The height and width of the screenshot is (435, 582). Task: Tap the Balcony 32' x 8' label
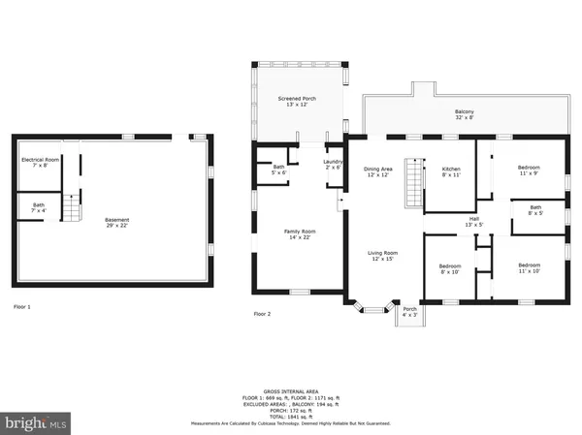(x=466, y=114)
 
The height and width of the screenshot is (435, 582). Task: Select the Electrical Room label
(x=41, y=162)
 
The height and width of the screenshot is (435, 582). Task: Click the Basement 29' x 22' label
(x=116, y=222)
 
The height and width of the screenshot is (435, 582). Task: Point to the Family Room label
(x=300, y=234)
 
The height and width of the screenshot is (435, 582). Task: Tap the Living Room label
(x=382, y=256)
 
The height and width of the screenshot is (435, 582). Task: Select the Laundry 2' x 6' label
(x=333, y=166)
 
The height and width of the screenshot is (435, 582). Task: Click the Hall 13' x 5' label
(x=474, y=222)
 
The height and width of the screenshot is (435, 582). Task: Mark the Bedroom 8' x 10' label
(x=449, y=268)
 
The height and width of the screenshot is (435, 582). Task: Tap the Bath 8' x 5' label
(x=535, y=209)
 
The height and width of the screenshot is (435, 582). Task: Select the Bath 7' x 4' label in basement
(x=38, y=207)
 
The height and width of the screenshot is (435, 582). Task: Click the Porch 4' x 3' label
(x=409, y=311)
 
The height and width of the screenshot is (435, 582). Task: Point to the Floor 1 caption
(x=22, y=307)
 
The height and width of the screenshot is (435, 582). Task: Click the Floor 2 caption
(x=262, y=314)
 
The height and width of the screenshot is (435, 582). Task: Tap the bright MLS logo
(x=36, y=423)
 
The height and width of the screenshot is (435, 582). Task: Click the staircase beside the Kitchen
(x=413, y=185)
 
